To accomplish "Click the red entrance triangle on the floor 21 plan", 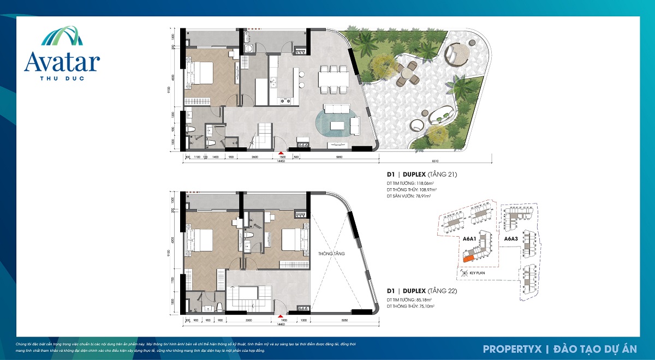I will [x=281, y=155].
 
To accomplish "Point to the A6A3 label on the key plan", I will [x=511, y=239].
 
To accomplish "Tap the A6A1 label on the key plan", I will [x=469, y=239].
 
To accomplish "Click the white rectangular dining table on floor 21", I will [x=334, y=80].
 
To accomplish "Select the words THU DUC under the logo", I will [x=62, y=77].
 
